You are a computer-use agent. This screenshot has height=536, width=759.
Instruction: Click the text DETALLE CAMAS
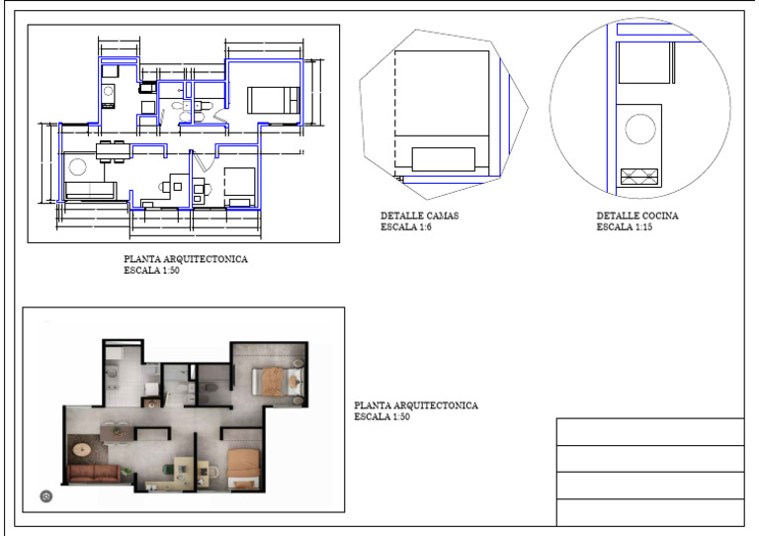click(419, 216)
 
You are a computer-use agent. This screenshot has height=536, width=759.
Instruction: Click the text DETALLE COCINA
click(636, 216)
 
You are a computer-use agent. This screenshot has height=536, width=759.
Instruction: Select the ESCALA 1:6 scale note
click(408, 227)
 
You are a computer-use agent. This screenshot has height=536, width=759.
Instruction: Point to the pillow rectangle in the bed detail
click(444, 159)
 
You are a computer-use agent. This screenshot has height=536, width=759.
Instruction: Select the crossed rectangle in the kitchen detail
click(638, 177)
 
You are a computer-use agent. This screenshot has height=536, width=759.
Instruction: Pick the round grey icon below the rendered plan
click(44, 495)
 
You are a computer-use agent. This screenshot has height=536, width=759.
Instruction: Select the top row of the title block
click(649, 431)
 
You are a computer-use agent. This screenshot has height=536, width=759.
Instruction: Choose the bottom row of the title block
click(649, 512)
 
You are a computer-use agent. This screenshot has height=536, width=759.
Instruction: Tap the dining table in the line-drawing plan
click(111, 151)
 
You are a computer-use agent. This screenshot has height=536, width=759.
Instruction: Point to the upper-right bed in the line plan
click(273, 100)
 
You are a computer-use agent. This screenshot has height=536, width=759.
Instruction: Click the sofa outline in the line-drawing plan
click(90, 189)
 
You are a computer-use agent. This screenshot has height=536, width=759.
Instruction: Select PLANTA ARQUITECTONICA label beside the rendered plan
click(416, 405)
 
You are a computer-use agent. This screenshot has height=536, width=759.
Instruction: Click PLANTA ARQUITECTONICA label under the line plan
click(186, 260)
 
